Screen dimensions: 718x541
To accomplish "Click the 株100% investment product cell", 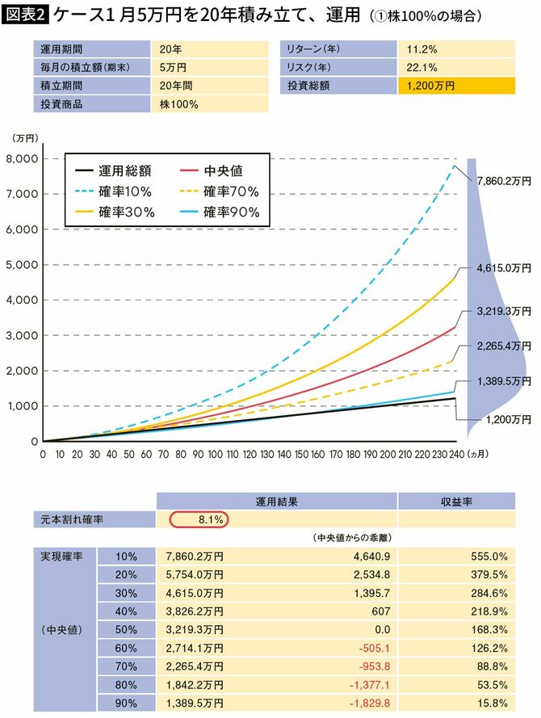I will pos(178,103).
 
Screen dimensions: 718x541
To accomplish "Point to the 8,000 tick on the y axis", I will pos(20,159).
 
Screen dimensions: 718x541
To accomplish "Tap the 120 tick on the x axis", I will pos(250,455).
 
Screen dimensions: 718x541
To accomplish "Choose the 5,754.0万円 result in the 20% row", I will pos(194,575).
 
